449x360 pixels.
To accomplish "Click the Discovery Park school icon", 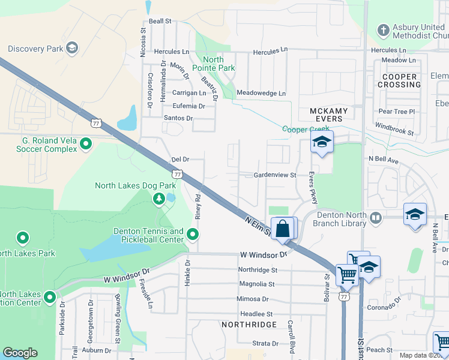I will coord(72,47).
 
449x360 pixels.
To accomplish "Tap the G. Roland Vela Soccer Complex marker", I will coord(86,143).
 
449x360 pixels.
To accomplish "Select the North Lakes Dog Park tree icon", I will coord(158,198).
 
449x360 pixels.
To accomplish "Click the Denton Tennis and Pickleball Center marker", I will coord(193,233).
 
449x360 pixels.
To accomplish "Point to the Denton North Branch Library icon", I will coord(376,217).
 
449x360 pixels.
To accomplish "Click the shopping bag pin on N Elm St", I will coord(284,229).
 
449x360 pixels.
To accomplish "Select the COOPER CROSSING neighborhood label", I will coord(399,80).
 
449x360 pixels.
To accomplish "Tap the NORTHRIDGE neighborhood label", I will coord(249,325).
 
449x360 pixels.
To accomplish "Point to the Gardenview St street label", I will coord(276,175).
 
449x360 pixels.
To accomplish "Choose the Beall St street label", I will coord(160,21).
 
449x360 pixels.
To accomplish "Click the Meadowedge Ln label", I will coord(261,93).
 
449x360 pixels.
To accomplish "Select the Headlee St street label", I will coord(256,314).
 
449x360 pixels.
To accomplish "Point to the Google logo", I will coord(20,353).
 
